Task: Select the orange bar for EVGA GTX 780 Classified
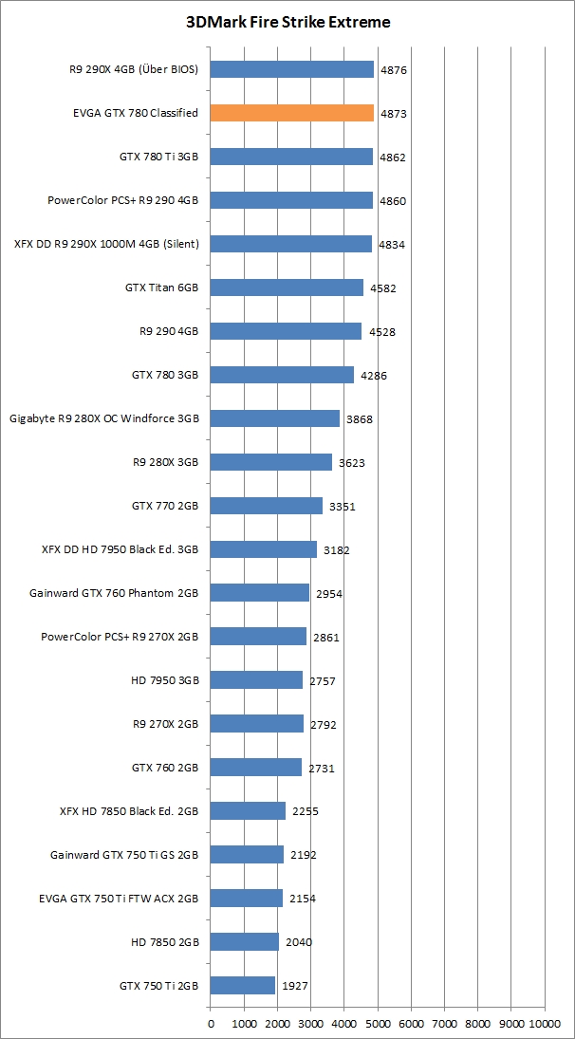[x=291, y=113]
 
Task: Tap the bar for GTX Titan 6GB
[x=287, y=288]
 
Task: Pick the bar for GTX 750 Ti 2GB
[x=243, y=986]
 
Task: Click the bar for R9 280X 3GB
[x=270, y=462]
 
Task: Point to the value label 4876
[x=393, y=70]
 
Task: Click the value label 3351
[x=342, y=507]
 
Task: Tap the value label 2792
[x=323, y=725]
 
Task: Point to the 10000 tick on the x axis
[x=545, y=1024]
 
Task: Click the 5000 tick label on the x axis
[x=378, y=1024]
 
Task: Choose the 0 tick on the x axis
[x=211, y=1024]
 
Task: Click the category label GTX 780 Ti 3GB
[x=158, y=157]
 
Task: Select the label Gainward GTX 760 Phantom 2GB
[x=114, y=593]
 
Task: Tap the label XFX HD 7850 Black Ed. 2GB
[x=128, y=811]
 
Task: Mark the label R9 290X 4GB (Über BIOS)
[x=134, y=69]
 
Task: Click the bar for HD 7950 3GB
[x=256, y=680]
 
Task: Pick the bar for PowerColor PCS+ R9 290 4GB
[x=291, y=200]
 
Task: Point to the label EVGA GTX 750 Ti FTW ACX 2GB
[x=119, y=899]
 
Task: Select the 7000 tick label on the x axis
[x=444, y=1024]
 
